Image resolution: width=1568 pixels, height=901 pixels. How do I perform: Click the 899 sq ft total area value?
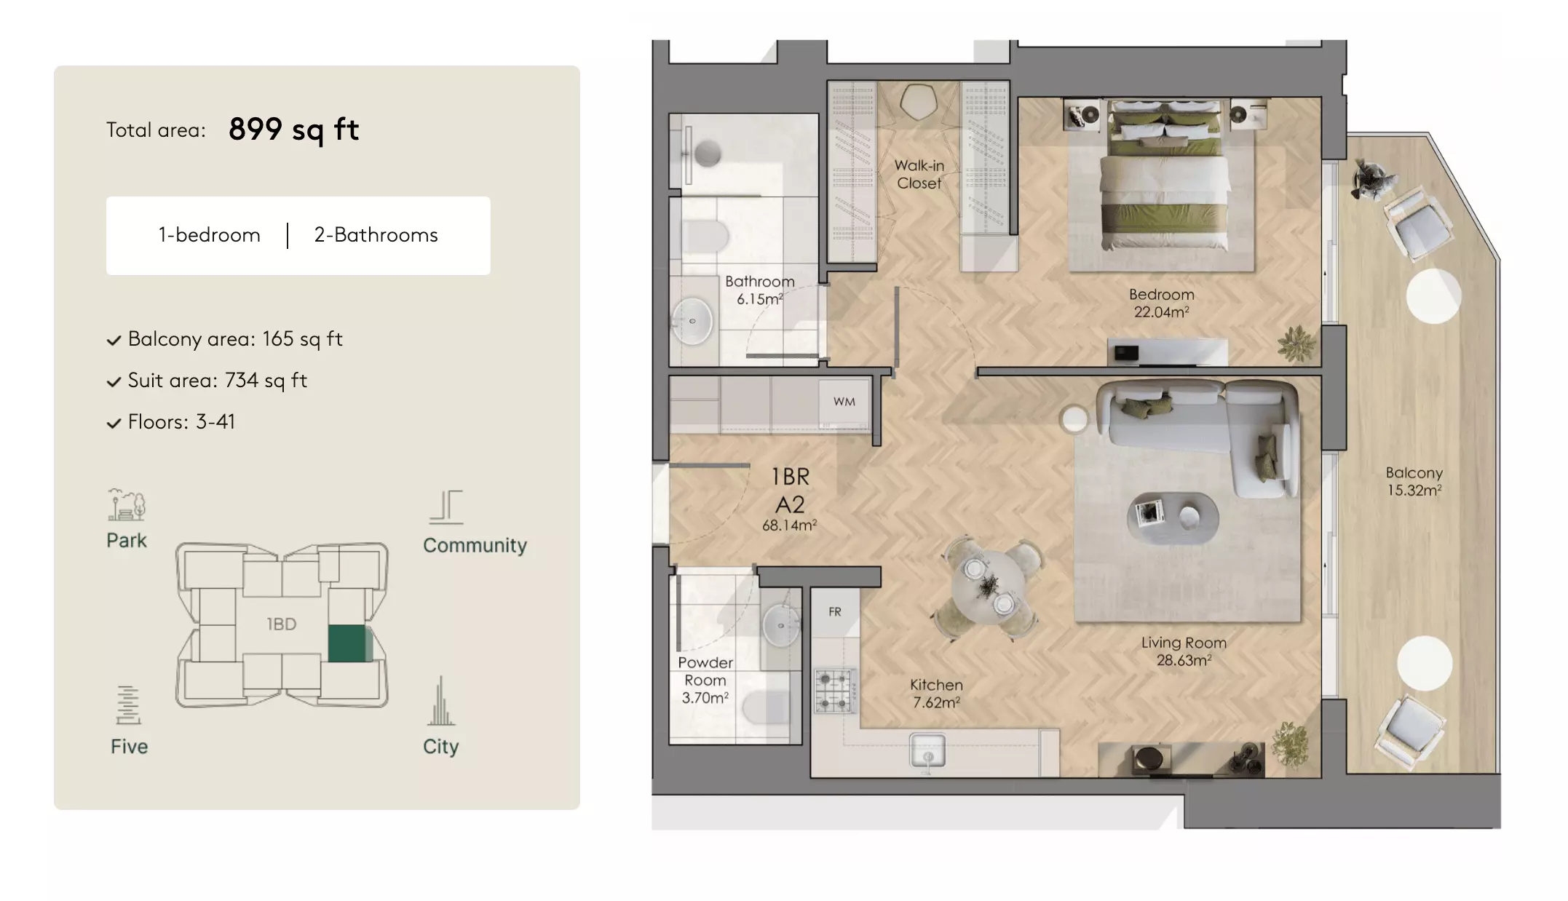pyautogui.click(x=293, y=130)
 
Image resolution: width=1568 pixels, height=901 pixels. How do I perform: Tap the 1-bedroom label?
pyautogui.click(x=210, y=235)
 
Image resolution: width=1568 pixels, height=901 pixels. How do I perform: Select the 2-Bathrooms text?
pyautogui.click(x=376, y=235)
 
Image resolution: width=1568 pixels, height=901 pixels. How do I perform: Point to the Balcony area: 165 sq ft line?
pyautogui.click(x=225, y=339)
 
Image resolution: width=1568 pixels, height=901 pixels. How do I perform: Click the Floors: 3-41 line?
pyautogui.click(x=171, y=422)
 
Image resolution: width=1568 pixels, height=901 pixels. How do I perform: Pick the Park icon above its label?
pyautogui.click(x=127, y=504)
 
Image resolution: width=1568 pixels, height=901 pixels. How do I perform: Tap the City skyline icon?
pyautogui.click(x=440, y=701)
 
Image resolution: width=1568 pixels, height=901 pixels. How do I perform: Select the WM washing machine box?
pyautogui.click(x=844, y=402)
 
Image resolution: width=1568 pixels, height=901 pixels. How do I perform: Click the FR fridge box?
pyautogui.click(x=835, y=612)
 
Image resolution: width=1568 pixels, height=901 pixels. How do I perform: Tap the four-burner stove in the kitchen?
pyautogui.click(x=835, y=690)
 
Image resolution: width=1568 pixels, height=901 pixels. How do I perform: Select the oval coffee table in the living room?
pyautogui.click(x=1172, y=517)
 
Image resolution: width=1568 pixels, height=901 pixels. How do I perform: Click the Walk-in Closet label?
pyautogui.click(x=919, y=175)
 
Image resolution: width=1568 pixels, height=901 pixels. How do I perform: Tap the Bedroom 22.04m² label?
pyautogui.click(x=1162, y=303)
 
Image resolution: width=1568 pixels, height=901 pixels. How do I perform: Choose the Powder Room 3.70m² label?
pyautogui.click(x=705, y=680)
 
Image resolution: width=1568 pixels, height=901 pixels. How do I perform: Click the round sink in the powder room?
pyautogui.click(x=780, y=625)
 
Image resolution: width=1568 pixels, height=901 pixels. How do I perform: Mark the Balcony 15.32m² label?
pyautogui.click(x=1414, y=482)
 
